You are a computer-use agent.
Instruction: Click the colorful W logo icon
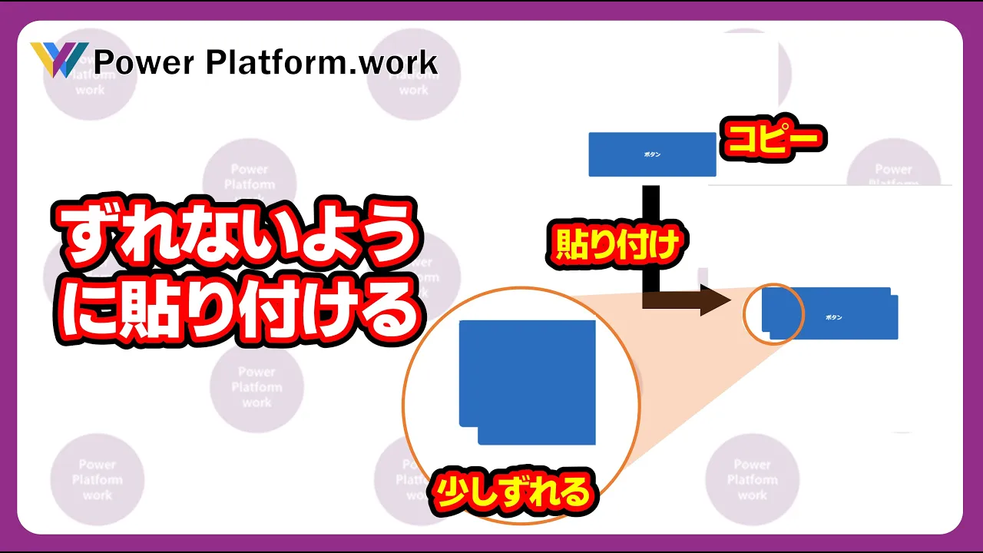point(58,60)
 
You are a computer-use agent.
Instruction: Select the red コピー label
point(773,141)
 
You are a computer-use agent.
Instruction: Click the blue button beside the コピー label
point(652,154)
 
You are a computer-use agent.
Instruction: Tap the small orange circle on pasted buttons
point(774,313)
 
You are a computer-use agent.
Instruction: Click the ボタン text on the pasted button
point(834,317)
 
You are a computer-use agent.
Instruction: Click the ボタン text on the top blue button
point(652,154)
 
